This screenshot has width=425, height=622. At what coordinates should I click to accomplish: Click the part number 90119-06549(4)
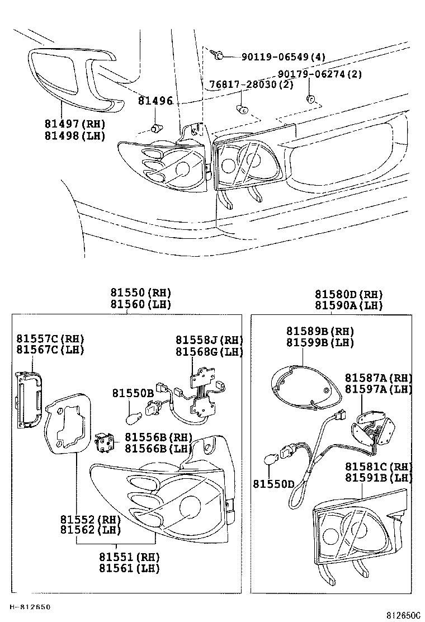click(283, 57)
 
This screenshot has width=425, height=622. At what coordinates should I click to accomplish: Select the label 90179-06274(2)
click(320, 74)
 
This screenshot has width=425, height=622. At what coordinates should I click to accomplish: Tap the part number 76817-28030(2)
click(251, 85)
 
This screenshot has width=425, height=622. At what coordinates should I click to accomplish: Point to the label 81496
click(155, 101)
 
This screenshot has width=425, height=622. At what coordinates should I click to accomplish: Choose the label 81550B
click(133, 393)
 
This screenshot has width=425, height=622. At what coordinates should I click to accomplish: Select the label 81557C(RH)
click(50, 338)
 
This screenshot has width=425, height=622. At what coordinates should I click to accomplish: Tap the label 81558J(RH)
click(210, 340)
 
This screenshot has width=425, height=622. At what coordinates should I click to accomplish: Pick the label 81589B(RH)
click(320, 331)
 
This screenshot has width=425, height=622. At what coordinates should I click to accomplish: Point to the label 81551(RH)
click(129, 557)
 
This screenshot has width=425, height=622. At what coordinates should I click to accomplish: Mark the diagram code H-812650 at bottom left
click(30, 606)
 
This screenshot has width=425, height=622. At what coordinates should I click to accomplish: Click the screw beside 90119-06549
click(219, 55)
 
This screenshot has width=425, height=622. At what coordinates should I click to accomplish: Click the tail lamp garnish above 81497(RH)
click(73, 78)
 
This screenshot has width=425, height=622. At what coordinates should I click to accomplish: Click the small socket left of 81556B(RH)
click(105, 443)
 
